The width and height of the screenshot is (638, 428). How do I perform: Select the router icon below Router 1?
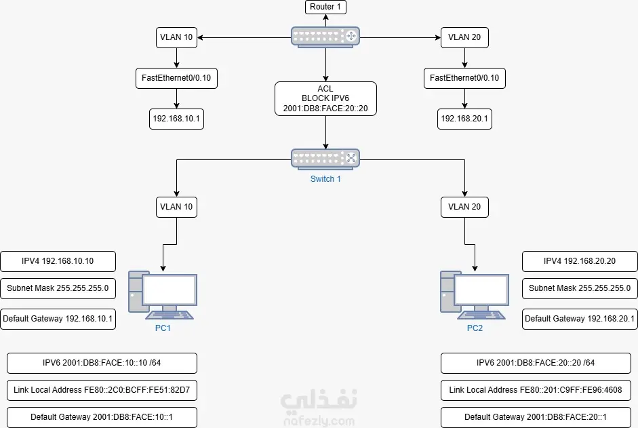tap(325, 37)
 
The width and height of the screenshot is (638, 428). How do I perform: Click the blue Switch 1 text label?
tap(325, 179)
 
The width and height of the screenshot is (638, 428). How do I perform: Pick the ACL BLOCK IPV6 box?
tap(325, 98)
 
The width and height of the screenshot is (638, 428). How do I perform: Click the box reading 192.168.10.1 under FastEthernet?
tap(177, 119)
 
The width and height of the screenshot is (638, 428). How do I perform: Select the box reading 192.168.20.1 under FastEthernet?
tap(464, 119)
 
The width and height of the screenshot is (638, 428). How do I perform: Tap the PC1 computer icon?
tap(163, 295)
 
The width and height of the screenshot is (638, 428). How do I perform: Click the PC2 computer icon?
tap(472, 295)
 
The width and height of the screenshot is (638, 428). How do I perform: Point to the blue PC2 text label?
tap(475, 328)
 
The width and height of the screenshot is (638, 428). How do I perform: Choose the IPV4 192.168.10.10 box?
tap(58, 261)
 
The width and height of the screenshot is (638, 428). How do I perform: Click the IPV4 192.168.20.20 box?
tap(580, 261)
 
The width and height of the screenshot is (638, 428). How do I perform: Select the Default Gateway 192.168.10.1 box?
tap(58, 319)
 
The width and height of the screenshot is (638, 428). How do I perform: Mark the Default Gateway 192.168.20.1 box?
tap(580, 319)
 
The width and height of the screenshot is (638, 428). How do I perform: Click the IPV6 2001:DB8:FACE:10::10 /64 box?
tap(102, 363)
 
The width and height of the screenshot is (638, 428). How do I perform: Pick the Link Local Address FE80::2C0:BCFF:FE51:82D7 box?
tap(102, 390)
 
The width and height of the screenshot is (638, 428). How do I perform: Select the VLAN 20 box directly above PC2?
tap(464, 207)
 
